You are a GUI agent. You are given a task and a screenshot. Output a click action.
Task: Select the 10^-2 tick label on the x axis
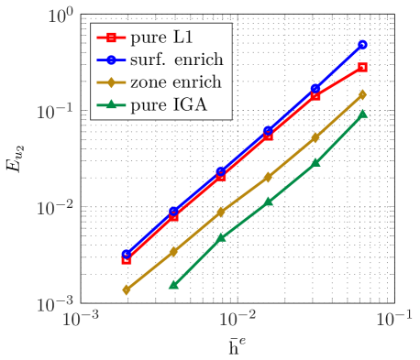click(x=238, y=319)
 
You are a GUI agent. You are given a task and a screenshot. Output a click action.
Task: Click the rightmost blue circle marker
click(x=362, y=45)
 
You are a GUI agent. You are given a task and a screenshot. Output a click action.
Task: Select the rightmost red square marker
click(x=362, y=67)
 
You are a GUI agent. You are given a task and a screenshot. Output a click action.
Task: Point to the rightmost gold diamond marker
click(x=362, y=94)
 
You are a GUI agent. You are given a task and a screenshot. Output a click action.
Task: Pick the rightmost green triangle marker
click(x=362, y=114)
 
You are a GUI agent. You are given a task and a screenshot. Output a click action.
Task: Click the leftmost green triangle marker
click(x=173, y=285)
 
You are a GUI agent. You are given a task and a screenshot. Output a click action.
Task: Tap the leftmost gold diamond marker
click(x=127, y=289)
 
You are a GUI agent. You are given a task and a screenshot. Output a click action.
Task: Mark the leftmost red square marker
click(x=127, y=260)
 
